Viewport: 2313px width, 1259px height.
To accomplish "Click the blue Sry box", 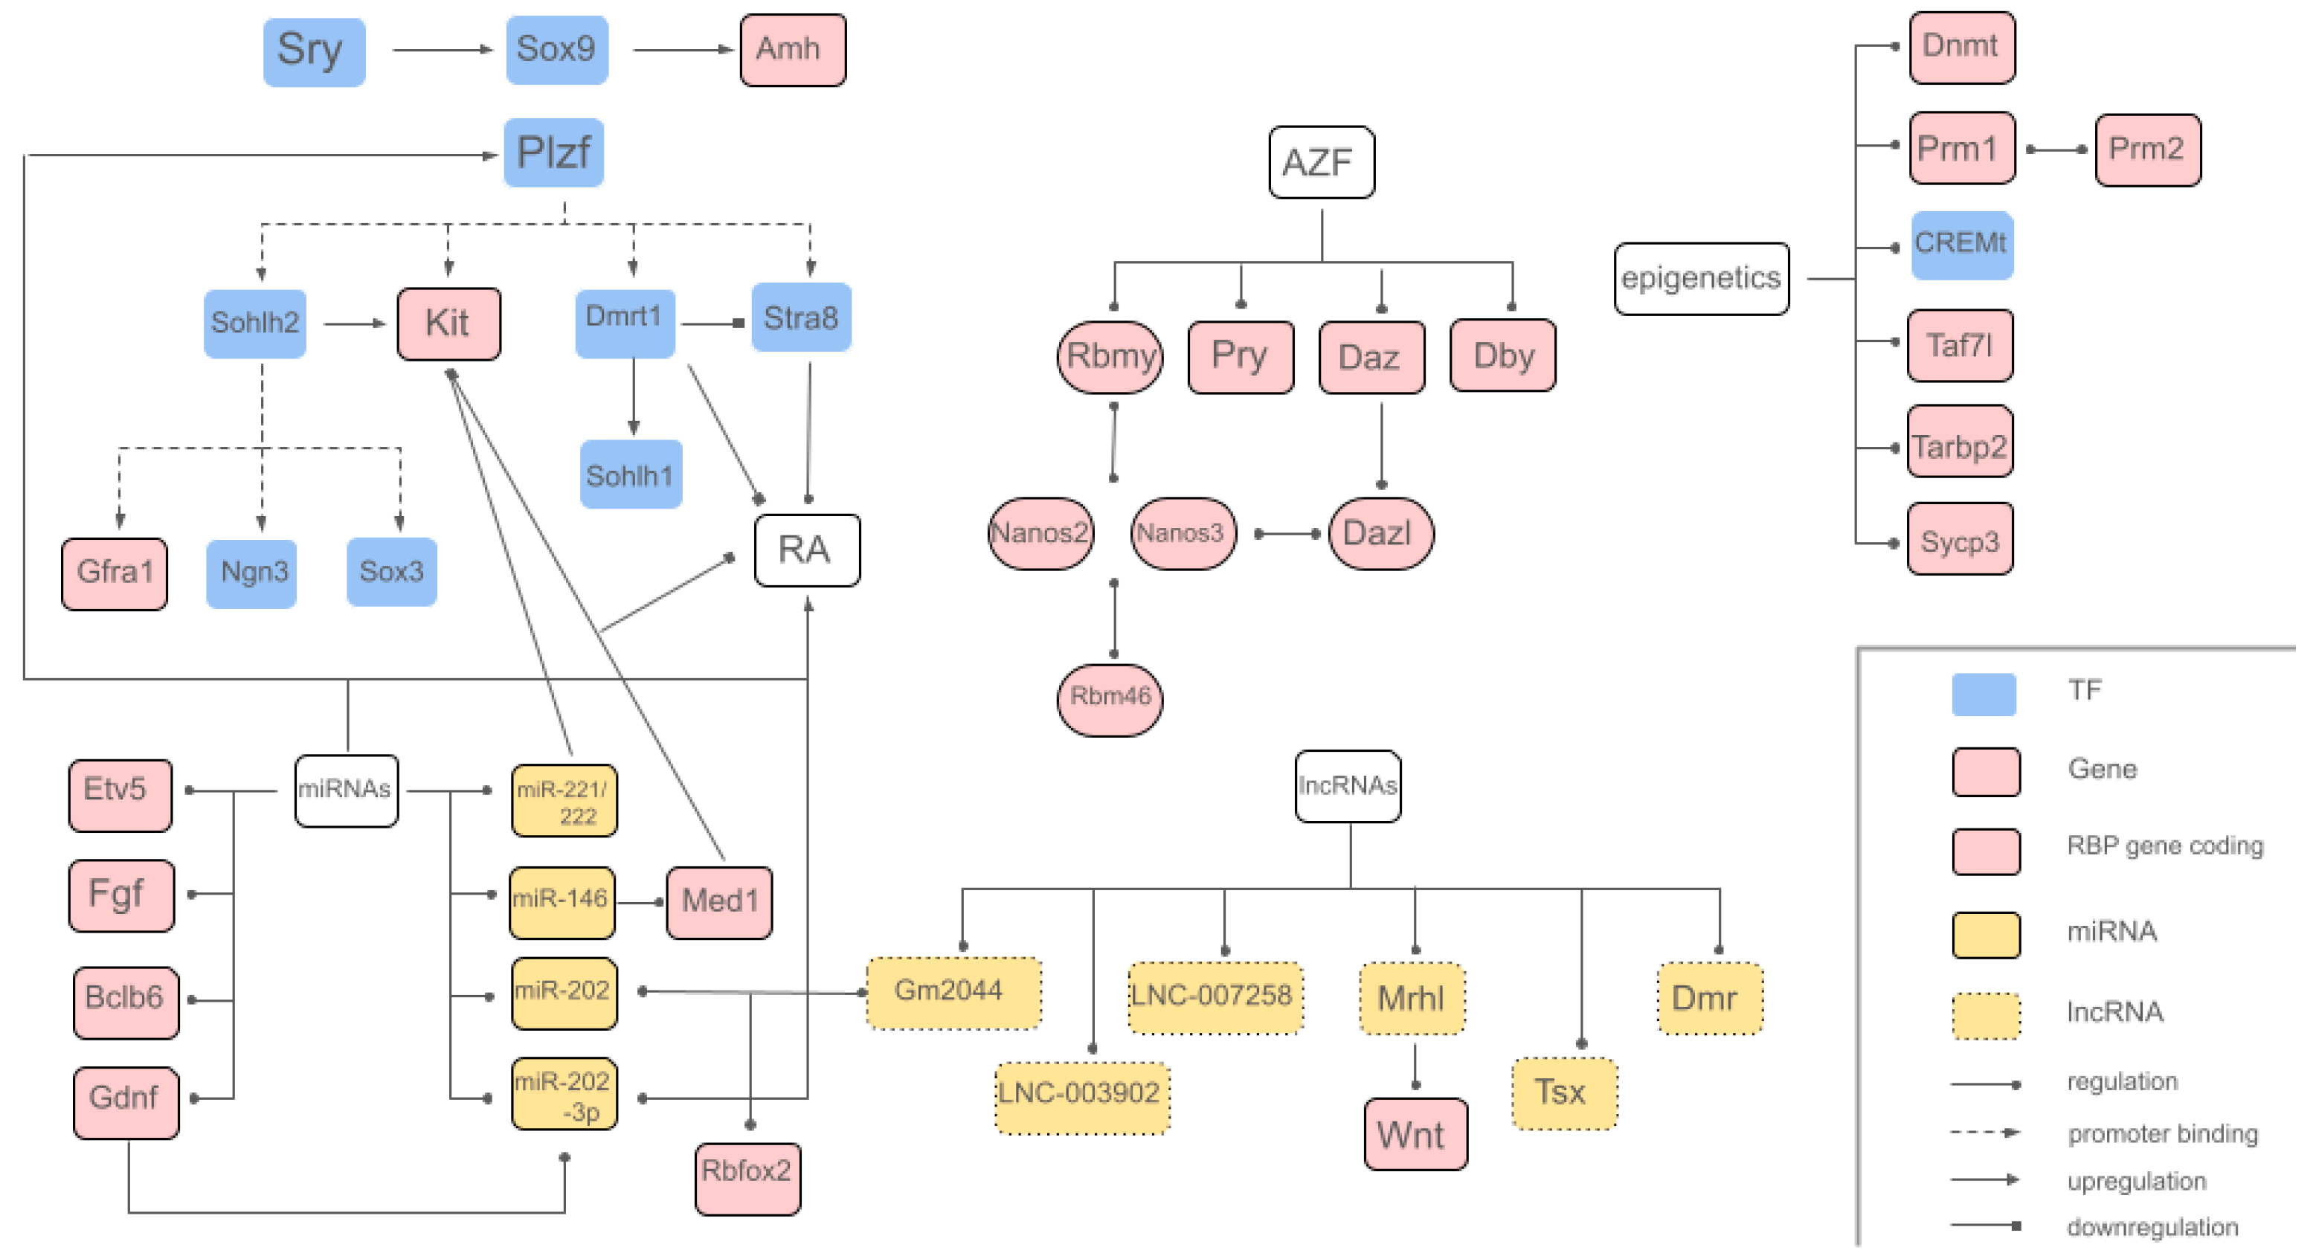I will point(315,51).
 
